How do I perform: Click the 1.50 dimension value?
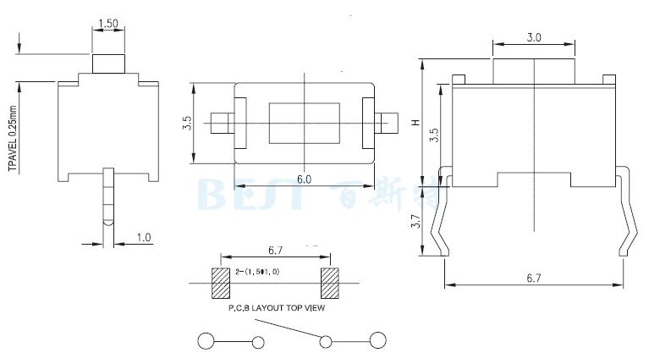(107, 24)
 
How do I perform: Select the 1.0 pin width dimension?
(144, 238)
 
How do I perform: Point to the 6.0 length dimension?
(304, 179)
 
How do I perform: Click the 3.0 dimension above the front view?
(534, 38)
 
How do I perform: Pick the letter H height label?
(415, 122)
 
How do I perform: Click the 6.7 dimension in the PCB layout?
(275, 251)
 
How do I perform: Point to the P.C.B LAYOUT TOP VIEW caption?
(277, 308)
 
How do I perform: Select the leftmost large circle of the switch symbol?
(206, 341)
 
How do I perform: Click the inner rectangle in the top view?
(304, 123)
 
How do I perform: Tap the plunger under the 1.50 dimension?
(107, 63)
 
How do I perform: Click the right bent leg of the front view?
(626, 212)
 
